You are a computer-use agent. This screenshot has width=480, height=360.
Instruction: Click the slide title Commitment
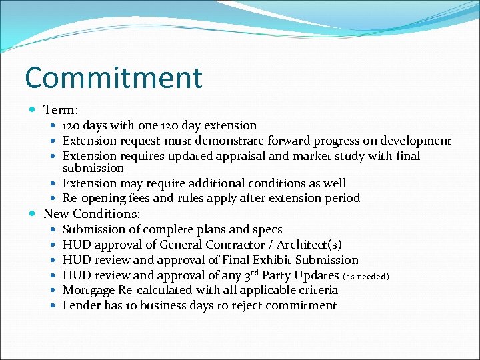113,78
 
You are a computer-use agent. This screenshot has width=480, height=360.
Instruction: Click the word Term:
61,109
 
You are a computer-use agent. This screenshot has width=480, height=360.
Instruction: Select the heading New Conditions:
91,214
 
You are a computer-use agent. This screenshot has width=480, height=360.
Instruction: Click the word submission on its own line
93,168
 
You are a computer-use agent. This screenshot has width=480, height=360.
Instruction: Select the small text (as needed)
365,276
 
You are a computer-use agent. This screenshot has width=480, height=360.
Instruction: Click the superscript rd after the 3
253,272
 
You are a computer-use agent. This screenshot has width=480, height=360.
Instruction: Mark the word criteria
317,290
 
